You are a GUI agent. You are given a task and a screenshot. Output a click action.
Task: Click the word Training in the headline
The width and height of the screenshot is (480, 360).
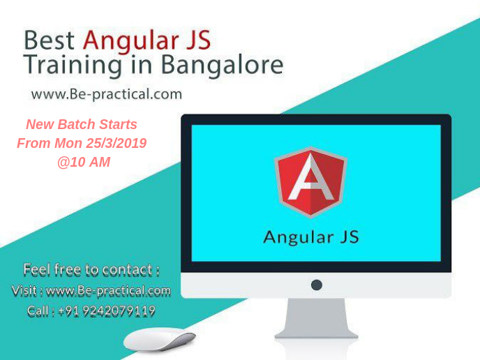(70, 65)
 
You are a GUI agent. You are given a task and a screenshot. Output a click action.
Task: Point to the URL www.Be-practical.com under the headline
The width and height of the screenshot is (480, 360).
(106, 93)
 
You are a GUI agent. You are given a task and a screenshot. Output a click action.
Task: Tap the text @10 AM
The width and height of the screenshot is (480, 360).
(84, 162)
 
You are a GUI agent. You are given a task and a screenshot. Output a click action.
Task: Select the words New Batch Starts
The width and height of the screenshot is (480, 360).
(82, 124)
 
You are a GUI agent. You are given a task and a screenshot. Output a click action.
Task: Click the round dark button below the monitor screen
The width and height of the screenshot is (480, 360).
(316, 285)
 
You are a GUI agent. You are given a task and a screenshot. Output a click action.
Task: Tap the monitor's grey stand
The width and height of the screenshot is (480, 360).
(316, 322)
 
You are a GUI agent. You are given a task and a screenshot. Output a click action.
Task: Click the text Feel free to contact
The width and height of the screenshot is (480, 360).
(91, 269)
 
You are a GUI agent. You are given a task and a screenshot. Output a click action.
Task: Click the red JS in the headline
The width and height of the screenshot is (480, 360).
(199, 40)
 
